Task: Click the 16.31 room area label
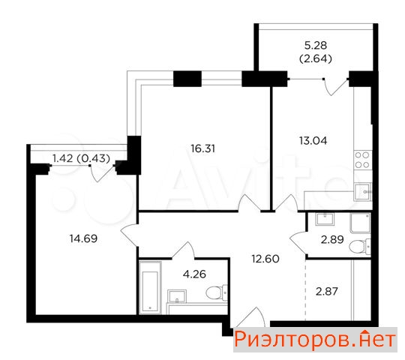[202, 148]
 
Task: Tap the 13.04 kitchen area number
[313, 141]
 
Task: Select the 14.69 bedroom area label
[83, 238]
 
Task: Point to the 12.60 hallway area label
[265, 259]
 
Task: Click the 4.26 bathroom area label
[194, 274]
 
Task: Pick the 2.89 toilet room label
[332, 240]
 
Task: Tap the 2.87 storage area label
[327, 292]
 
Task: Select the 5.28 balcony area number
[316, 46]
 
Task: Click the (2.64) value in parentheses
[315, 59]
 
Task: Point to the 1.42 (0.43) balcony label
[81, 158]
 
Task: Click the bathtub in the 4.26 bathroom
[150, 288]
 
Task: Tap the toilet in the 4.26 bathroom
[217, 292]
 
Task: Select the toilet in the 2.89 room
[360, 246]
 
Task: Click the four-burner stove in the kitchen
[362, 160]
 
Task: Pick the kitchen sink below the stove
[362, 191]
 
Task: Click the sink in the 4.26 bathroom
[177, 296]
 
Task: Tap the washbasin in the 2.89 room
[325, 219]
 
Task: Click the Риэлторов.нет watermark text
[315, 340]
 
